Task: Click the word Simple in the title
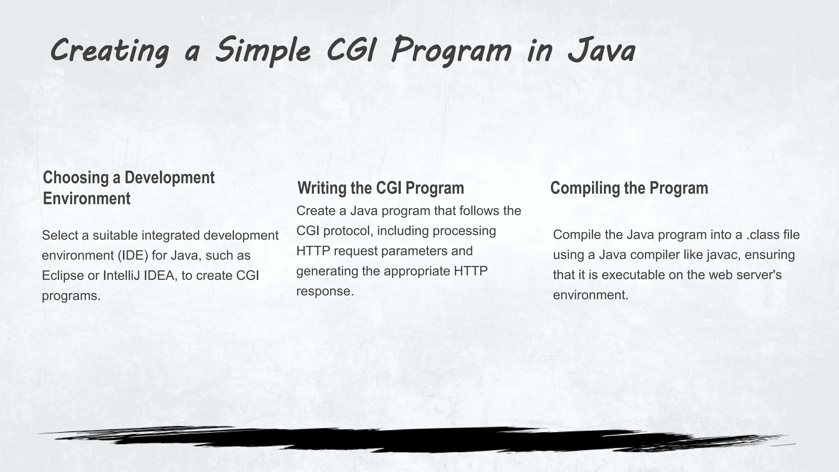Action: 263,51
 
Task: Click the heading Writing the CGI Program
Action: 381,188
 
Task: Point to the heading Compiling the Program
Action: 629,188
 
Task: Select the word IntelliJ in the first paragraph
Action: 122,275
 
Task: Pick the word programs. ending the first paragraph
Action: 71,295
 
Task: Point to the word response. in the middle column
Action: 325,291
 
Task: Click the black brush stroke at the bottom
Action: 410,440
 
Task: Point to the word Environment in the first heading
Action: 87,199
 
